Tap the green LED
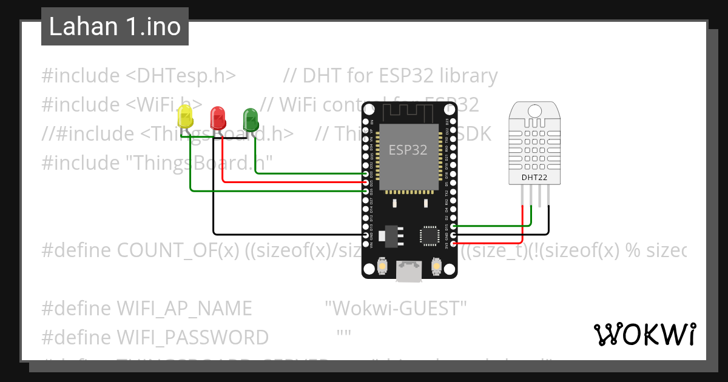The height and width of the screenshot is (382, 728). point(250,116)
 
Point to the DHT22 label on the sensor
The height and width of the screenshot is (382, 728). point(534,178)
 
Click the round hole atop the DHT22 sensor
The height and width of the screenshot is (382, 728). point(535,110)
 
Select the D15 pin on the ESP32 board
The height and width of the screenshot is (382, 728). point(454,226)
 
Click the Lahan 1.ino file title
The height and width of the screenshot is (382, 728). point(115,27)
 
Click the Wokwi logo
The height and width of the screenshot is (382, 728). point(644,334)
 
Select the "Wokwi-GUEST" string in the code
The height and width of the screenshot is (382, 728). point(396,308)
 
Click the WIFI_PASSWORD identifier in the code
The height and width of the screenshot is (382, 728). point(192,337)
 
